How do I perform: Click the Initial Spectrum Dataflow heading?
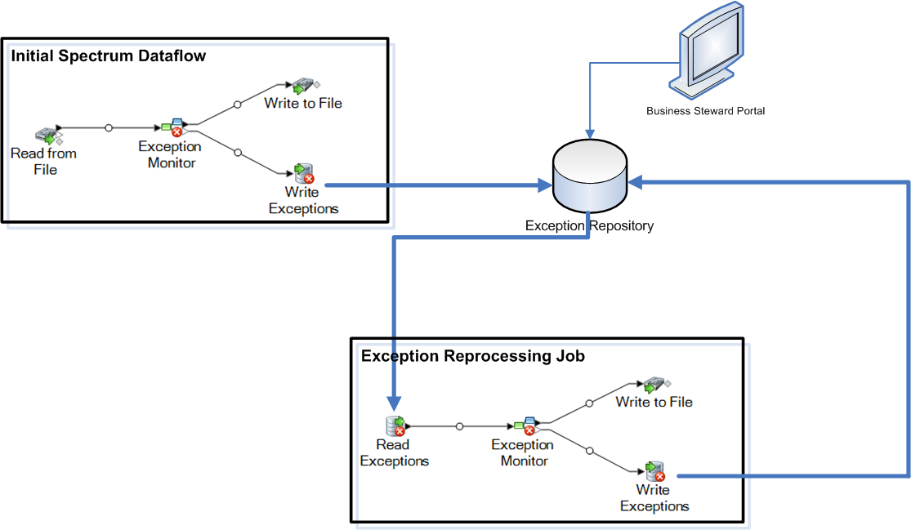(x=108, y=56)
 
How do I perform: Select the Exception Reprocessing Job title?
(x=472, y=356)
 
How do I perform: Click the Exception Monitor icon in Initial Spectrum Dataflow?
(x=175, y=127)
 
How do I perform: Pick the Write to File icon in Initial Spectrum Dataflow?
(x=303, y=85)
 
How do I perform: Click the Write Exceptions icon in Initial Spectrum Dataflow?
(x=304, y=173)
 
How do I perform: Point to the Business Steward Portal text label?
(x=705, y=110)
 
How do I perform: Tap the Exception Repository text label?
(x=588, y=225)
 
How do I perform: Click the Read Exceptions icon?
(x=395, y=425)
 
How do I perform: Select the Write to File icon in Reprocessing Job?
(x=654, y=385)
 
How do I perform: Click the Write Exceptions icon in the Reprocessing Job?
(x=654, y=471)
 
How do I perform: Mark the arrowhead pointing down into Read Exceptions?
(x=394, y=403)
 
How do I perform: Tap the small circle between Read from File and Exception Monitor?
(x=109, y=127)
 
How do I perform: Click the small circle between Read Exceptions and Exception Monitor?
(x=459, y=425)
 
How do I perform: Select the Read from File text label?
(x=44, y=161)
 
